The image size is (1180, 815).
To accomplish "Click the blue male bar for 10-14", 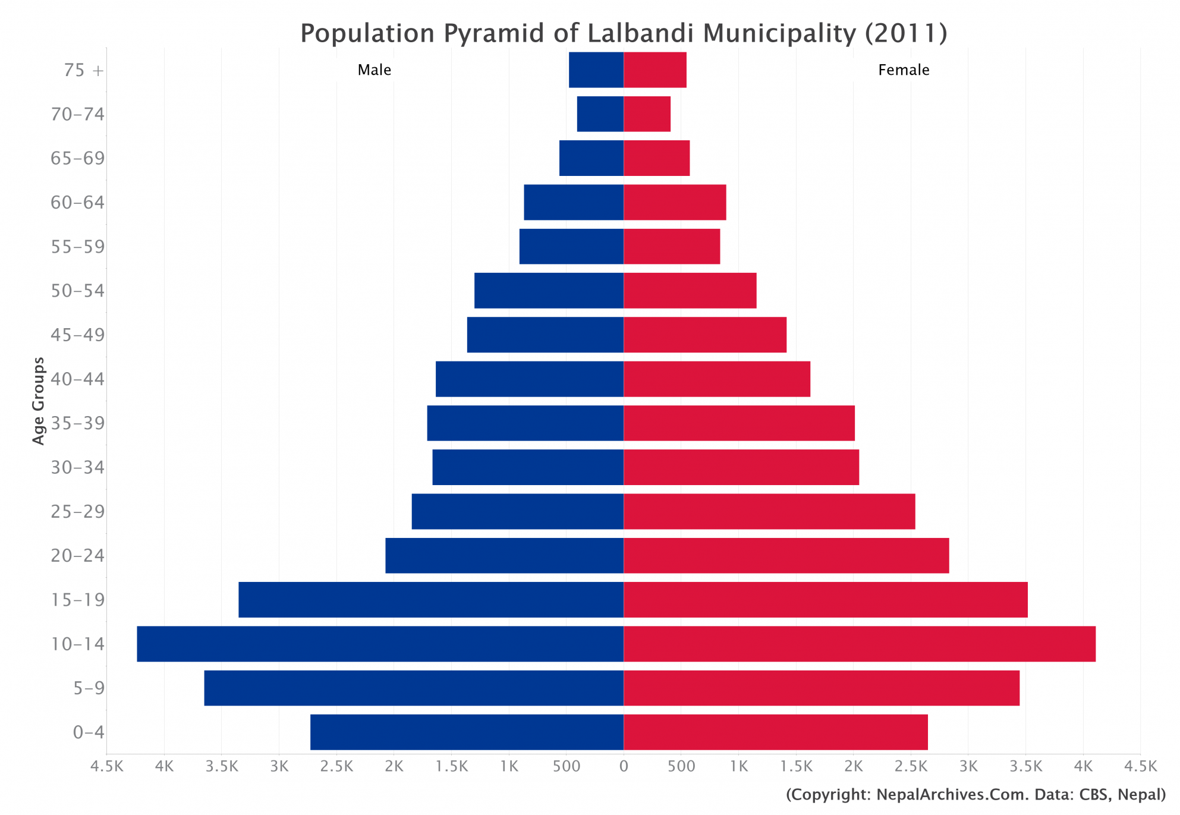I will (380, 644).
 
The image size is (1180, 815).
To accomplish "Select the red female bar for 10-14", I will (859, 644).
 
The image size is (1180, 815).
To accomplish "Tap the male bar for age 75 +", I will (596, 70).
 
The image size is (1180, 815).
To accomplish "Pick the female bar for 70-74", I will (647, 114).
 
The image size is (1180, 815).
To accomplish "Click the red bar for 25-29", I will (769, 511).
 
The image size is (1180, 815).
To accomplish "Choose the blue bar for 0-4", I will (467, 732).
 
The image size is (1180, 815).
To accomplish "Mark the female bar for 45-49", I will (705, 335).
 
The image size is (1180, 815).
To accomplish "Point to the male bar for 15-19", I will (431, 600).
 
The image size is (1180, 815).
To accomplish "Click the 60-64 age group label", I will (77, 203).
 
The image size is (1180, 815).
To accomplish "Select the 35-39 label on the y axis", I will (77, 423).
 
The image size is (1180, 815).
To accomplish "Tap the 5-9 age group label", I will (89, 688).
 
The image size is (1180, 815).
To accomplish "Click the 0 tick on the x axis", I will (624, 767).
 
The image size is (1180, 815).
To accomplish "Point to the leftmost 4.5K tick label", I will (107, 767).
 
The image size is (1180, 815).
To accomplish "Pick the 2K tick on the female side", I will (853, 767).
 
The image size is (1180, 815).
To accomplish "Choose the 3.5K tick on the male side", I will (222, 767).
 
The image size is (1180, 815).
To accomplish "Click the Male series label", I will (374, 70).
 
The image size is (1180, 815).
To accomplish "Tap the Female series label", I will (903, 70).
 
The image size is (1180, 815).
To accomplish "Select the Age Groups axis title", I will (39, 401).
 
